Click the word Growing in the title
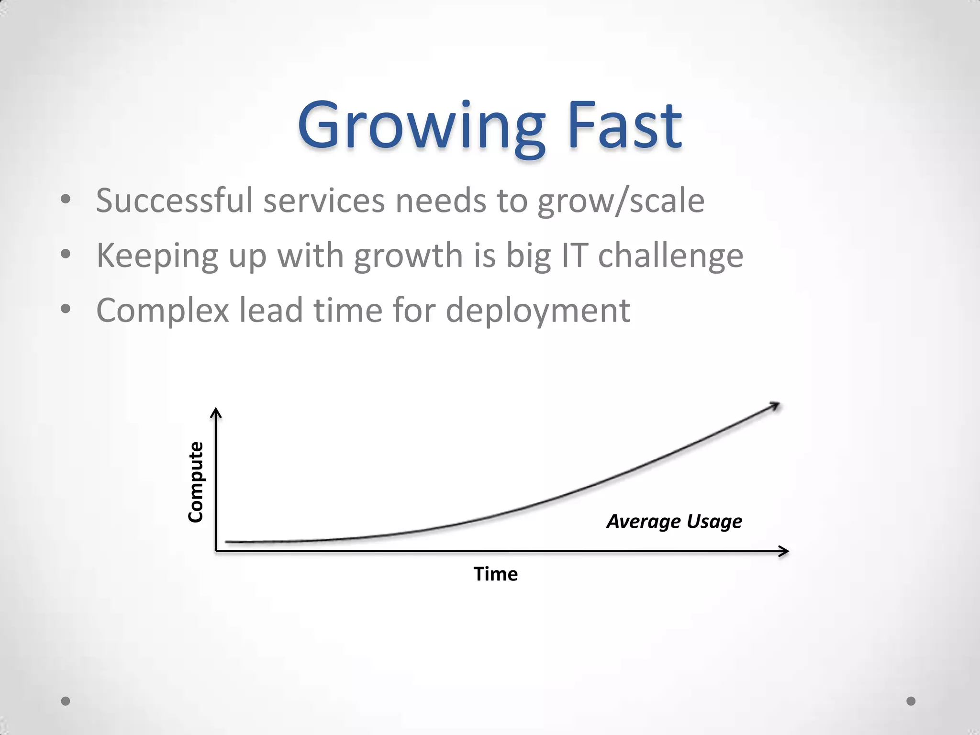pos(420,125)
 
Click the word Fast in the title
pos(624,125)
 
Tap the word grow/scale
pos(621,201)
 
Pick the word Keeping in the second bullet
pos(157,256)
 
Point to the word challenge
pos(670,256)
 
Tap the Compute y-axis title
pos(195,481)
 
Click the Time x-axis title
pos(495,574)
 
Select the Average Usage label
pos(674,521)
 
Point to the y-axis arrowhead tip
pos(216,410)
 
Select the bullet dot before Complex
pos(66,309)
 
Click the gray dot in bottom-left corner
pos(66,701)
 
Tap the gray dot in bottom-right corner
pos(911,701)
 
